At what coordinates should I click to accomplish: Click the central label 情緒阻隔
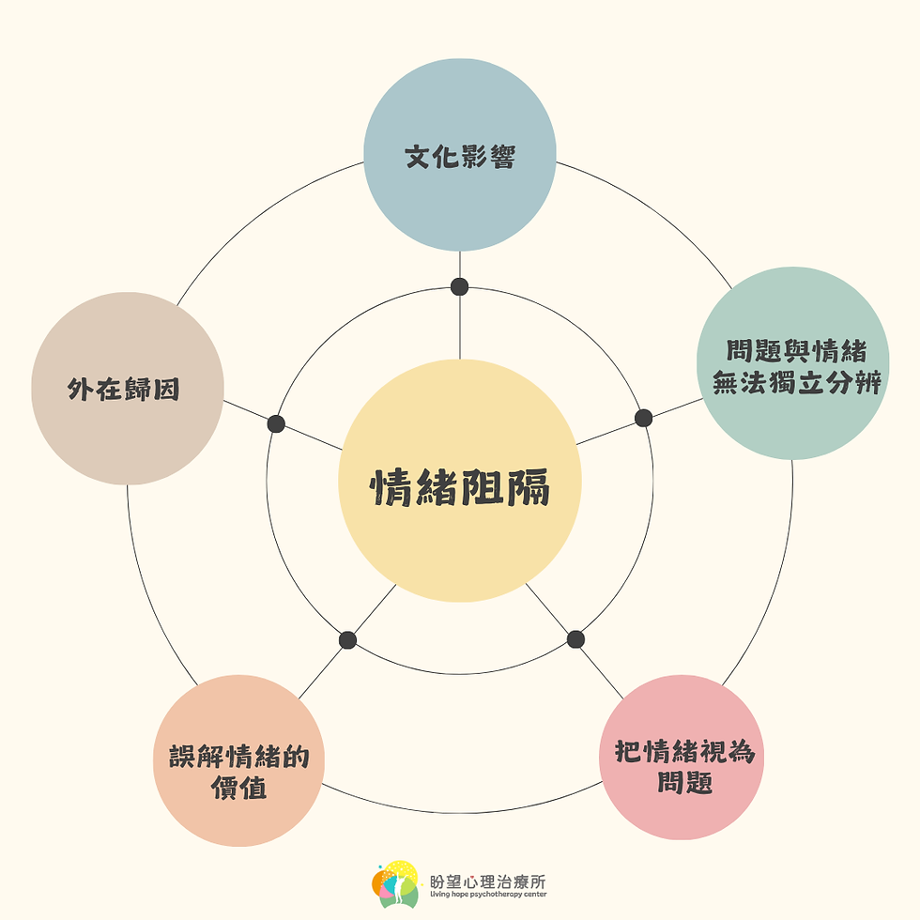coord(460,487)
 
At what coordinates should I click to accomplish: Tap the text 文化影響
coord(460,156)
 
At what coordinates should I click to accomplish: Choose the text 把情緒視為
coord(684,753)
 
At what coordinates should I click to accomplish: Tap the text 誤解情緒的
coord(239,758)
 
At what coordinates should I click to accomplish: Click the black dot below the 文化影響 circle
coord(459,286)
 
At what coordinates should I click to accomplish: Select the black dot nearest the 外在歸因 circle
coord(276,423)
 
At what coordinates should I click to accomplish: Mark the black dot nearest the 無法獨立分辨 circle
coord(643,418)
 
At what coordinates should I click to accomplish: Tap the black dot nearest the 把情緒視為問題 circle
coord(575,639)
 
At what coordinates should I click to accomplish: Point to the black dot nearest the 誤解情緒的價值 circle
coord(347,640)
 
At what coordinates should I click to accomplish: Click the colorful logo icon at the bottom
coord(394,884)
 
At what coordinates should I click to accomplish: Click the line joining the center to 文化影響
coord(460,324)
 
